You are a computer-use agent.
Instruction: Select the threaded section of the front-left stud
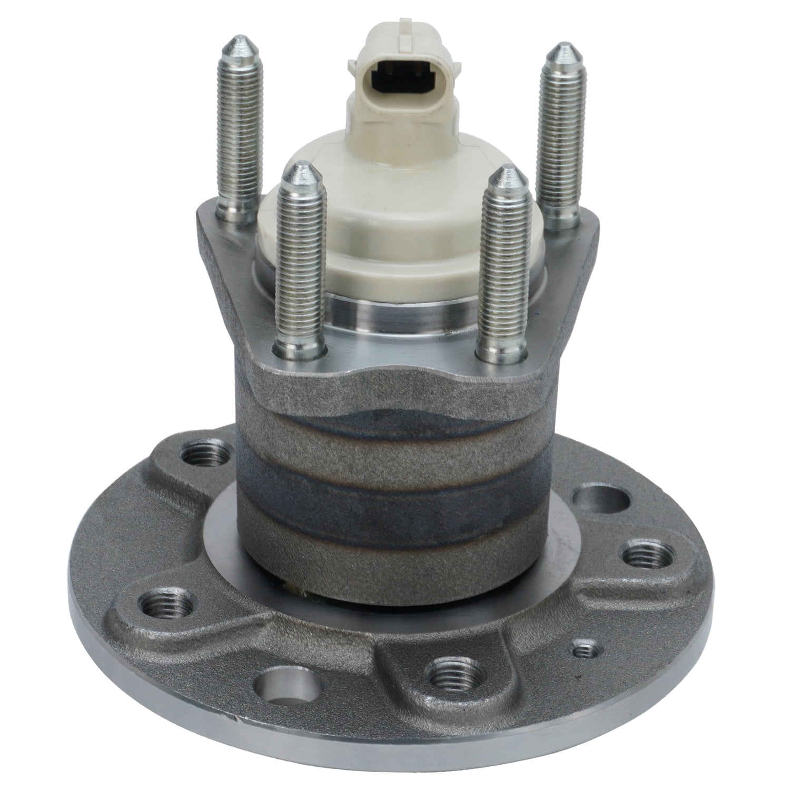299,263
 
